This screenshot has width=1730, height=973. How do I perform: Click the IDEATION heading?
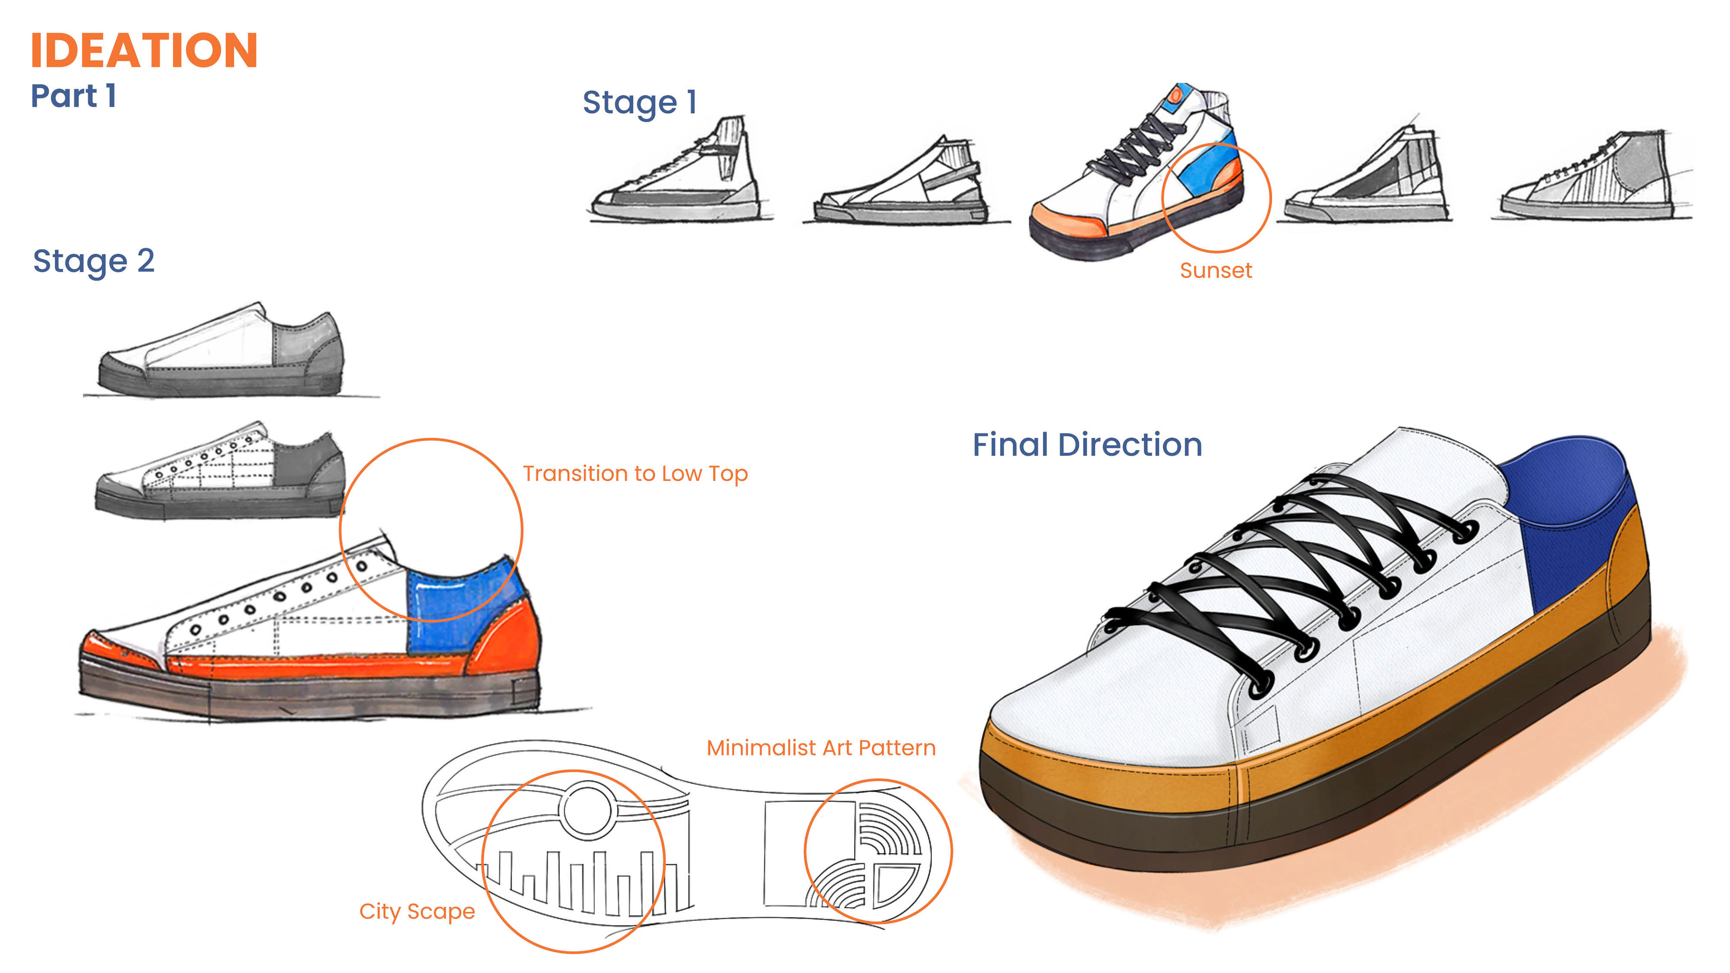tap(144, 50)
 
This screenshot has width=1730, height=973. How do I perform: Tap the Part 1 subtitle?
tap(74, 96)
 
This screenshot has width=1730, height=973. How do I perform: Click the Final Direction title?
tap(1087, 445)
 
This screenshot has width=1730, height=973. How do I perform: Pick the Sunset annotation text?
tap(1216, 271)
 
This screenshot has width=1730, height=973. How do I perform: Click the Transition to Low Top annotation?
tap(635, 474)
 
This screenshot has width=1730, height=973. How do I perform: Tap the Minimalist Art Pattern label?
tap(821, 748)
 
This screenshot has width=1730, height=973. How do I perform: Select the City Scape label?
tap(417, 912)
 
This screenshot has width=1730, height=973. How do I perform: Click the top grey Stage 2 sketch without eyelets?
tap(222, 353)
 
